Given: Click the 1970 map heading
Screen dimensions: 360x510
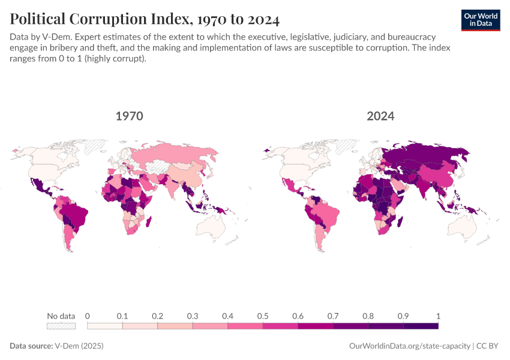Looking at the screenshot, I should point(129,116).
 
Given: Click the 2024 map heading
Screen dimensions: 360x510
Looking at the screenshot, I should point(380,116).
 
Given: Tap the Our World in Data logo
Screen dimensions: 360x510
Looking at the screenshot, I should point(480,20).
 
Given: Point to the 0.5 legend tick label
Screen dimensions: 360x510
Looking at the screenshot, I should point(263,316).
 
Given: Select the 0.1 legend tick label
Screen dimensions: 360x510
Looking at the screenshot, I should point(122,316).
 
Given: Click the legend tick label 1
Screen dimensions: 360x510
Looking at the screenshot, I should point(438,316).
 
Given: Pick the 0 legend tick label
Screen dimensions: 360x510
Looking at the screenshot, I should point(88,316).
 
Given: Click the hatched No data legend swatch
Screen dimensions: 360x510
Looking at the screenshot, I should point(61,326).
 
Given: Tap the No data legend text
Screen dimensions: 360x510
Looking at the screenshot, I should point(61,316).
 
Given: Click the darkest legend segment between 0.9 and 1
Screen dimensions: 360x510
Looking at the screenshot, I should point(421,326).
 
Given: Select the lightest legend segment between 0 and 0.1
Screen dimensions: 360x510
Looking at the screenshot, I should point(105,326).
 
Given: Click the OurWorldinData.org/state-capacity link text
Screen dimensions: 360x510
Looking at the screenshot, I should point(410,346).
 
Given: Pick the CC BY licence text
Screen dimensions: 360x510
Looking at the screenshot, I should point(489,346).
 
